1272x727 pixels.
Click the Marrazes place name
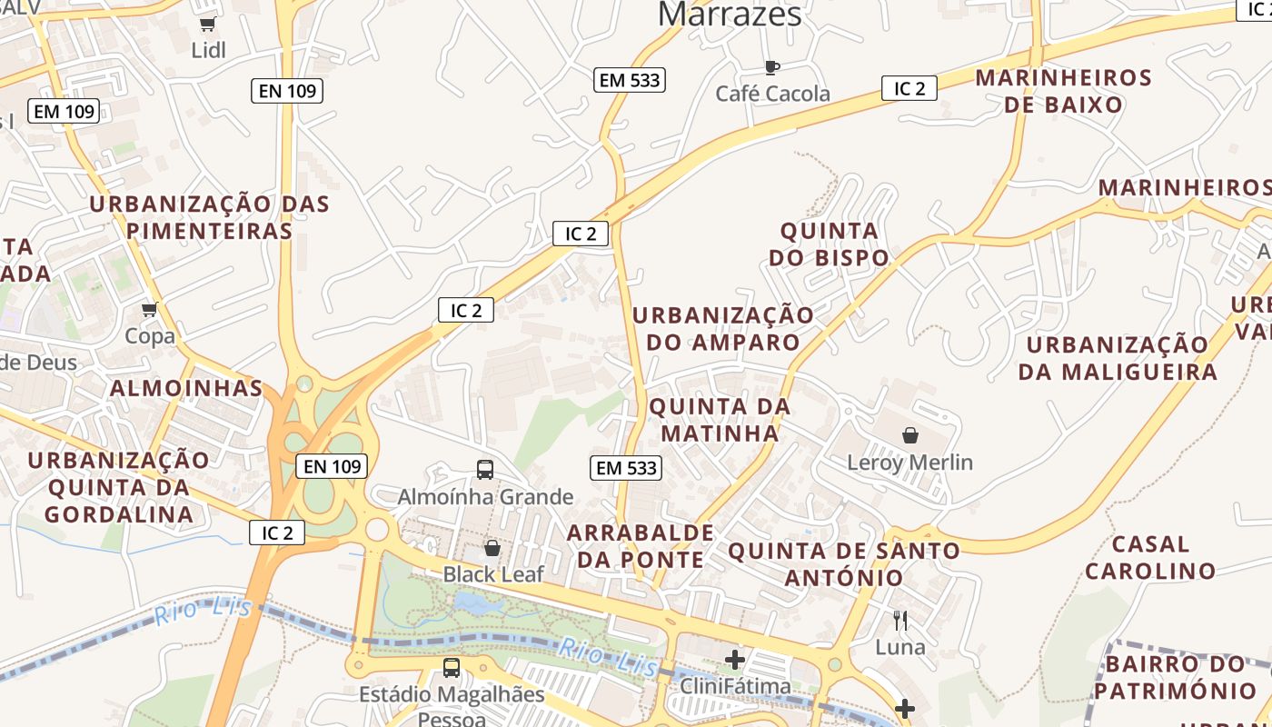click(730, 14)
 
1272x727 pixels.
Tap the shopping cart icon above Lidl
click(208, 25)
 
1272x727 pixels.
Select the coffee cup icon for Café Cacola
click(771, 66)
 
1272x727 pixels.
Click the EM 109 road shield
click(64, 112)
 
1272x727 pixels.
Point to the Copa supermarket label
click(150, 336)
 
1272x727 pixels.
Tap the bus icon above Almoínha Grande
click(485, 470)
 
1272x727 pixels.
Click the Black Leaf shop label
click(493, 574)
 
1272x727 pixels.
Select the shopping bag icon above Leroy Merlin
click(910, 436)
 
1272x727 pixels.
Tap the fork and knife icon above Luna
click(900, 621)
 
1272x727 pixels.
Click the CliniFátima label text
click(735, 686)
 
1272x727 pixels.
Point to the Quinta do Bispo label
click(830, 244)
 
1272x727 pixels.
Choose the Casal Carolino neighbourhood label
click(1150, 557)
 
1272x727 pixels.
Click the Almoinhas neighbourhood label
click(186, 388)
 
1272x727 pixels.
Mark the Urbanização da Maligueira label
click(1118, 358)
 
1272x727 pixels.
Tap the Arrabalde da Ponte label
click(641, 545)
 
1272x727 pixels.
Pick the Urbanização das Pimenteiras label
click(210, 216)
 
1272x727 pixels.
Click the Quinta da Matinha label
click(720, 419)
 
